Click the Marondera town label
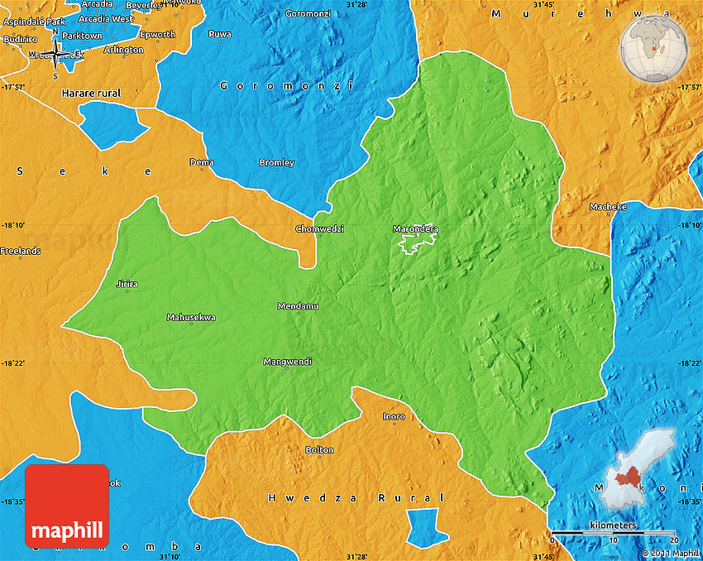pos(415,228)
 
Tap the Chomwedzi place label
pos(319,228)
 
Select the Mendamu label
pos(298,306)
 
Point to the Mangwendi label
pos(287,362)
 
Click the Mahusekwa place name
pos(191,317)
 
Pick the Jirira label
pos(127,284)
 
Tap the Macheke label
pos(608,206)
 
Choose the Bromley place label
pos(276,162)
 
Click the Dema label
pos(202,162)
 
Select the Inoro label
pos(394,416)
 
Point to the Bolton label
pos(320,449)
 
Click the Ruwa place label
pos(220,34)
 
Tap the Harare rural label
pos(91,93)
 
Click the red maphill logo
pos(67,506)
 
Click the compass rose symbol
pos(55,54)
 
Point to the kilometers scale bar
pos(613,532)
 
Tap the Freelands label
pos(21,251)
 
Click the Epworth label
pos(157,34)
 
